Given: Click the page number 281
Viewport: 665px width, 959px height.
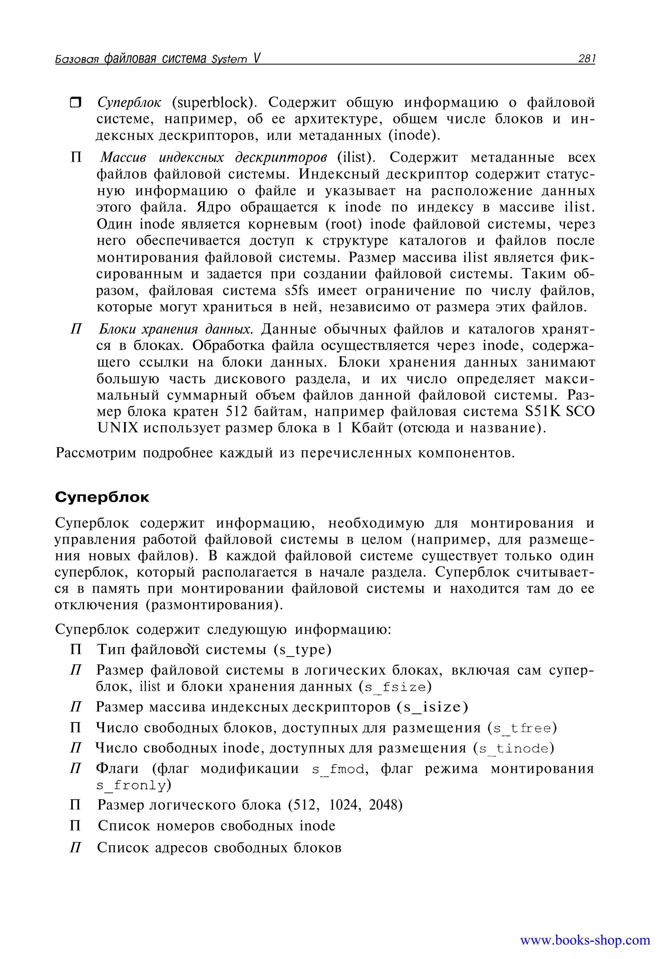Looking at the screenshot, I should point(586,59).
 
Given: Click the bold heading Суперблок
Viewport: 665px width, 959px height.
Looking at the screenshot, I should point(102,497).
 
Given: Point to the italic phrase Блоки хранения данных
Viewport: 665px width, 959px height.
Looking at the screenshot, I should point(175,329).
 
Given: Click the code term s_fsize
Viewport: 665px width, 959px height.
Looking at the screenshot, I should point(395,687).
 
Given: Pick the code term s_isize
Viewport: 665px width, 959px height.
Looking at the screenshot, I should point(432,707).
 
